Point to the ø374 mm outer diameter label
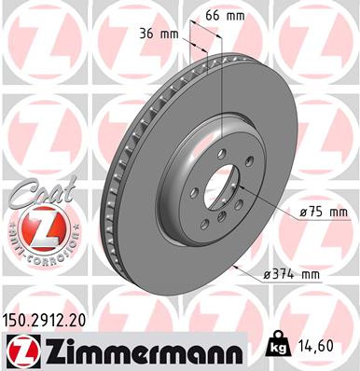[x=292, y=272]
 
